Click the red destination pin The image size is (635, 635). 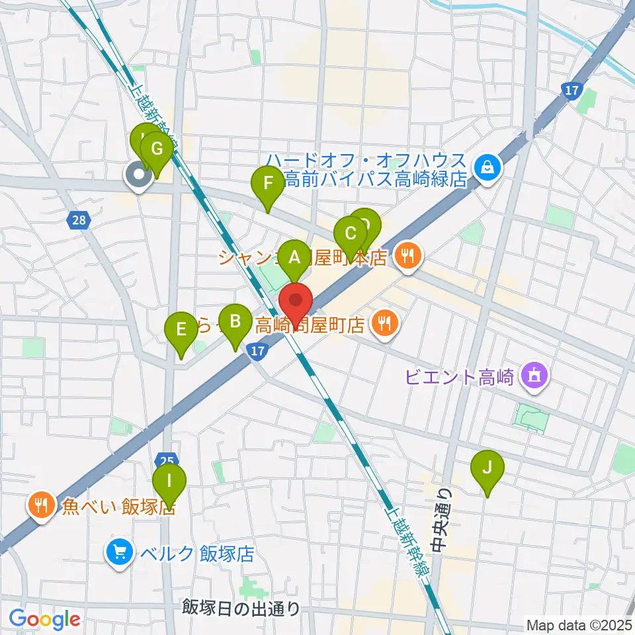coord(296,303)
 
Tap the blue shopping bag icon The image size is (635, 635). coord(487,168)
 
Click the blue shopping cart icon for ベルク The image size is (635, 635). coord(120,552)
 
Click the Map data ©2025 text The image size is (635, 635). coord(579,624)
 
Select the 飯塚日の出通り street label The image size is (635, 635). coord(241,607)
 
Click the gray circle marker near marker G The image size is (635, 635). coord(138,175)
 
